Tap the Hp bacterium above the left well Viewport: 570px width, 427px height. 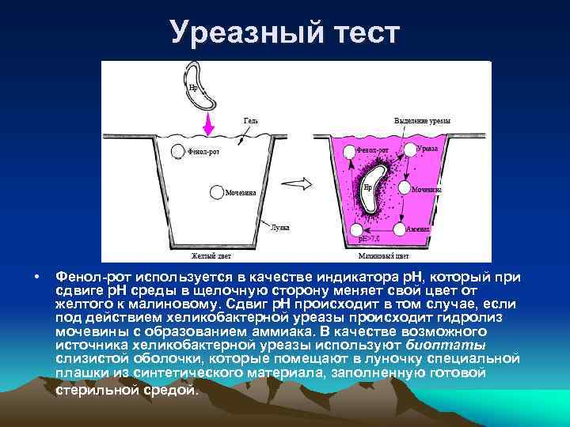[x=201, y=86]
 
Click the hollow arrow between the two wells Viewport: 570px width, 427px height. [x=293, y=183]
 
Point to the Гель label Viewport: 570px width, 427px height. [x=251, y=121]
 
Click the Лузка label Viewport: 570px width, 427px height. [x=279, y=227]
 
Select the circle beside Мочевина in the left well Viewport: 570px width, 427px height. [x=216, y=191]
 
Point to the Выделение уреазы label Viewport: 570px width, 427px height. [x=423, y=121]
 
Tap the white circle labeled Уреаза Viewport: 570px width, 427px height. [x=409, y=149]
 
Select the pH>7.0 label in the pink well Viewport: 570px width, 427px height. [x=370, y=237]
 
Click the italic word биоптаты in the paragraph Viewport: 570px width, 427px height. [x=446, y=345]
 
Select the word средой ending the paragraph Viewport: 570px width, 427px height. [x=167, y=390]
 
